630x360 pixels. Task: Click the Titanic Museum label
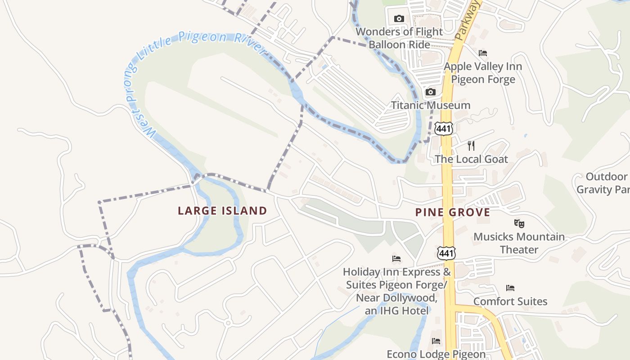(x=431, y=105)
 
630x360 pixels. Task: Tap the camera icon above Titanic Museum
(x=431, y=92)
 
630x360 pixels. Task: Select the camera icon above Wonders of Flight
(x=399, y=19)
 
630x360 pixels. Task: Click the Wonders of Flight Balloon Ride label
(x=400, y=38)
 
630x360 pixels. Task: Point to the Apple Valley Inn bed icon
(x=483, y=53)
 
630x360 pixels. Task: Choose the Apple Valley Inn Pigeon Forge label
(x=483, y=73)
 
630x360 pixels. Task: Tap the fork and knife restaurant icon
(x=471, y=145)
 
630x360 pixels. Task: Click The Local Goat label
(x=471, y=159)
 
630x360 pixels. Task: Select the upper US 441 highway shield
(x=444, y=129)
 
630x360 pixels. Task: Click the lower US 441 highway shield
(x=446, y=253)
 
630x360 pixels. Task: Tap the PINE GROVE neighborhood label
(x=453, y=212)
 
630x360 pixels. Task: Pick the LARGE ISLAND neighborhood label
(x=222, y=211)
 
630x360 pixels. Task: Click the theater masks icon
(x=519, y=223)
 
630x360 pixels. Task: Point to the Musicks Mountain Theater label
(x=519, y=243)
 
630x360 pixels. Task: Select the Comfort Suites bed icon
(x=510, y=288)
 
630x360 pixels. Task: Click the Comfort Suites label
(x=510, y=301)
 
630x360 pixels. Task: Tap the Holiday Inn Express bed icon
(x=396, y=259)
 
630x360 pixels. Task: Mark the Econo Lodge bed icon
(x=436, y=341)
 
